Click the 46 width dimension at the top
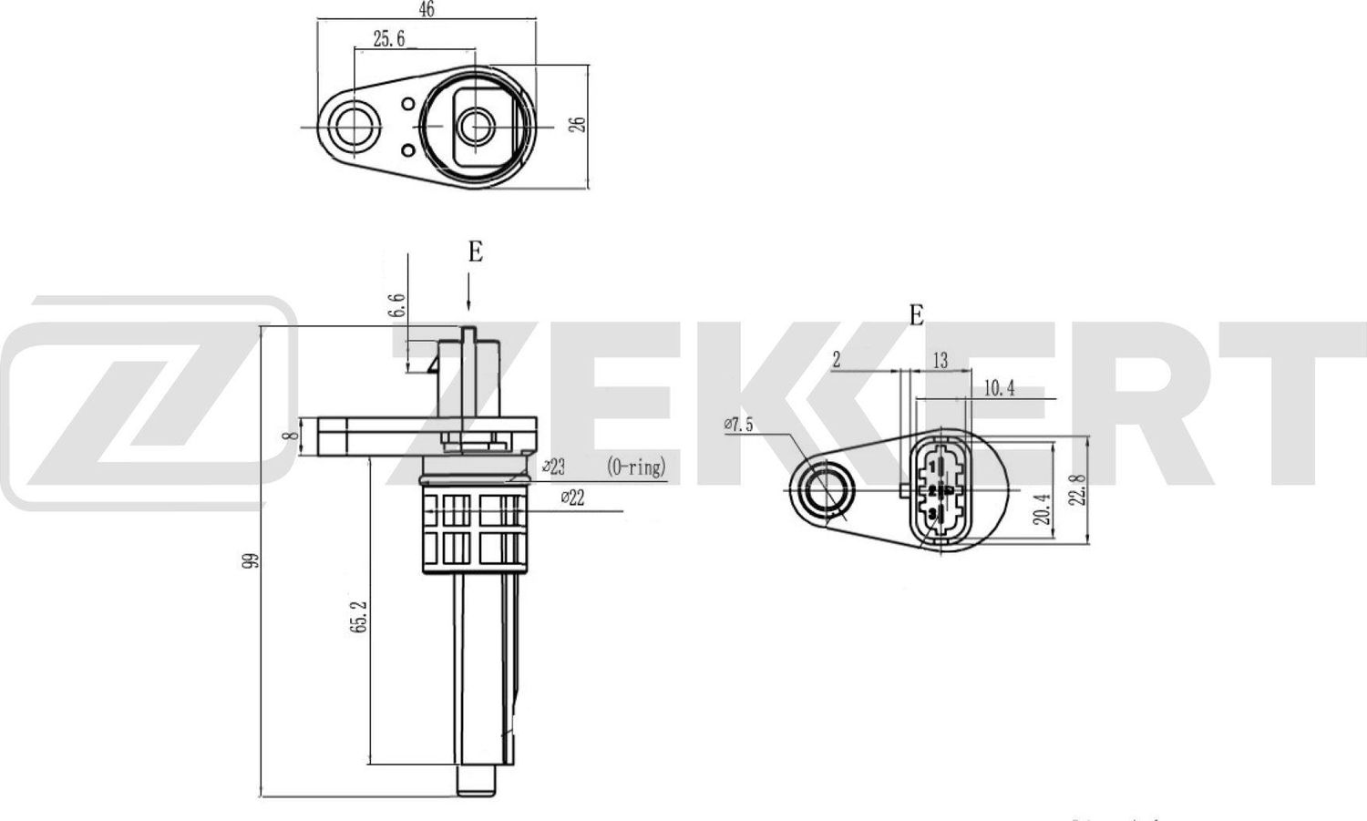coord(426,9)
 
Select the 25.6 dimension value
coord(389,38)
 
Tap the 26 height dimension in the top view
coord(578,124)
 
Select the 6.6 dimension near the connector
coord(396,305)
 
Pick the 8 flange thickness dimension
coord(292,436)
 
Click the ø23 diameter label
coord(553,467)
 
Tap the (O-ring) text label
coord(636,467)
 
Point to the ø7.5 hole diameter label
coord(738,424)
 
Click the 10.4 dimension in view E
coord(999,389)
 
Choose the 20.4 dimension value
coord(1043,508)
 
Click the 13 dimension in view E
coord(940,361)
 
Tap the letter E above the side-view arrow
coord(475,252)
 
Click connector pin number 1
coord(932,467)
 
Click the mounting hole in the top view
coord(351,126)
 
